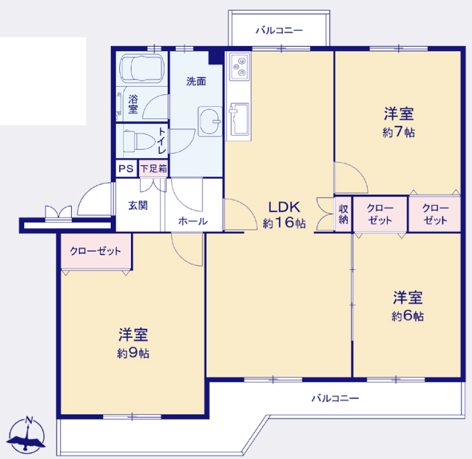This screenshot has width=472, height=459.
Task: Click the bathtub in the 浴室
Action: click(142, 68)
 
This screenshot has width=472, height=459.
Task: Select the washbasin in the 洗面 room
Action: click(209, 121)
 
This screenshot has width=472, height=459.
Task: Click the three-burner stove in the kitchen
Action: click(240, 67)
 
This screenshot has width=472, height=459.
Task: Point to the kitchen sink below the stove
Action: click(239, 119)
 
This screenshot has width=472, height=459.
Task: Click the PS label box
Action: click(126, 169)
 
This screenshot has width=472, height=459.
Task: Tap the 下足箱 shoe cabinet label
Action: click(154, 169)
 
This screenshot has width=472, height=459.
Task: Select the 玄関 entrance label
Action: click(138, 206)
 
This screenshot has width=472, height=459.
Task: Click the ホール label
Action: click(193, 221)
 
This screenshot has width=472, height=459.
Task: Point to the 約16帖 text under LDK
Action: click(284, 223)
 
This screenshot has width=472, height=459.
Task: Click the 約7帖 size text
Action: click(398, 132)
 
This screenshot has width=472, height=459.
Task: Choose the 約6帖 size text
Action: click(408, 316)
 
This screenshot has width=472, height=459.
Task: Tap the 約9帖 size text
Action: click(133, 353)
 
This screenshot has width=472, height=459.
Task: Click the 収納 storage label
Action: click(343, 214)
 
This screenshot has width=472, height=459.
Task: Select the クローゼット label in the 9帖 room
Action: click(95, 251)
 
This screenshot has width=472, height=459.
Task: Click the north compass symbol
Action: click(26, 435)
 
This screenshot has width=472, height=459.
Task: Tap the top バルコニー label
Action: click(279, 30)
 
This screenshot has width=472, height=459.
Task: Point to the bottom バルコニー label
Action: click(335, 398)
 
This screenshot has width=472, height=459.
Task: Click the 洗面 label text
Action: click(196, 81)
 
